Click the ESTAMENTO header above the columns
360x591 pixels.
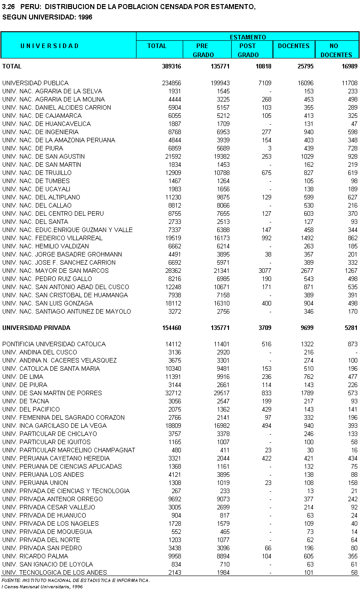(248, 37)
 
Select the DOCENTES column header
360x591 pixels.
(293, 46)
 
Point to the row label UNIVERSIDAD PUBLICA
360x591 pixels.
(35, 83)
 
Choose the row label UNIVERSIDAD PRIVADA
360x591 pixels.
(36, 328)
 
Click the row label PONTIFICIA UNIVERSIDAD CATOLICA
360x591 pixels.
(54, 344)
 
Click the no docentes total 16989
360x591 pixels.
(350, 66)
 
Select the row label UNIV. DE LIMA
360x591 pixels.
(23, 377)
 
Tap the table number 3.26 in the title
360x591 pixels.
(9, 7)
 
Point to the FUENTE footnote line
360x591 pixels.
(76, 581)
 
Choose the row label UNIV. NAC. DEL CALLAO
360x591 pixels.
(37, 205)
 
